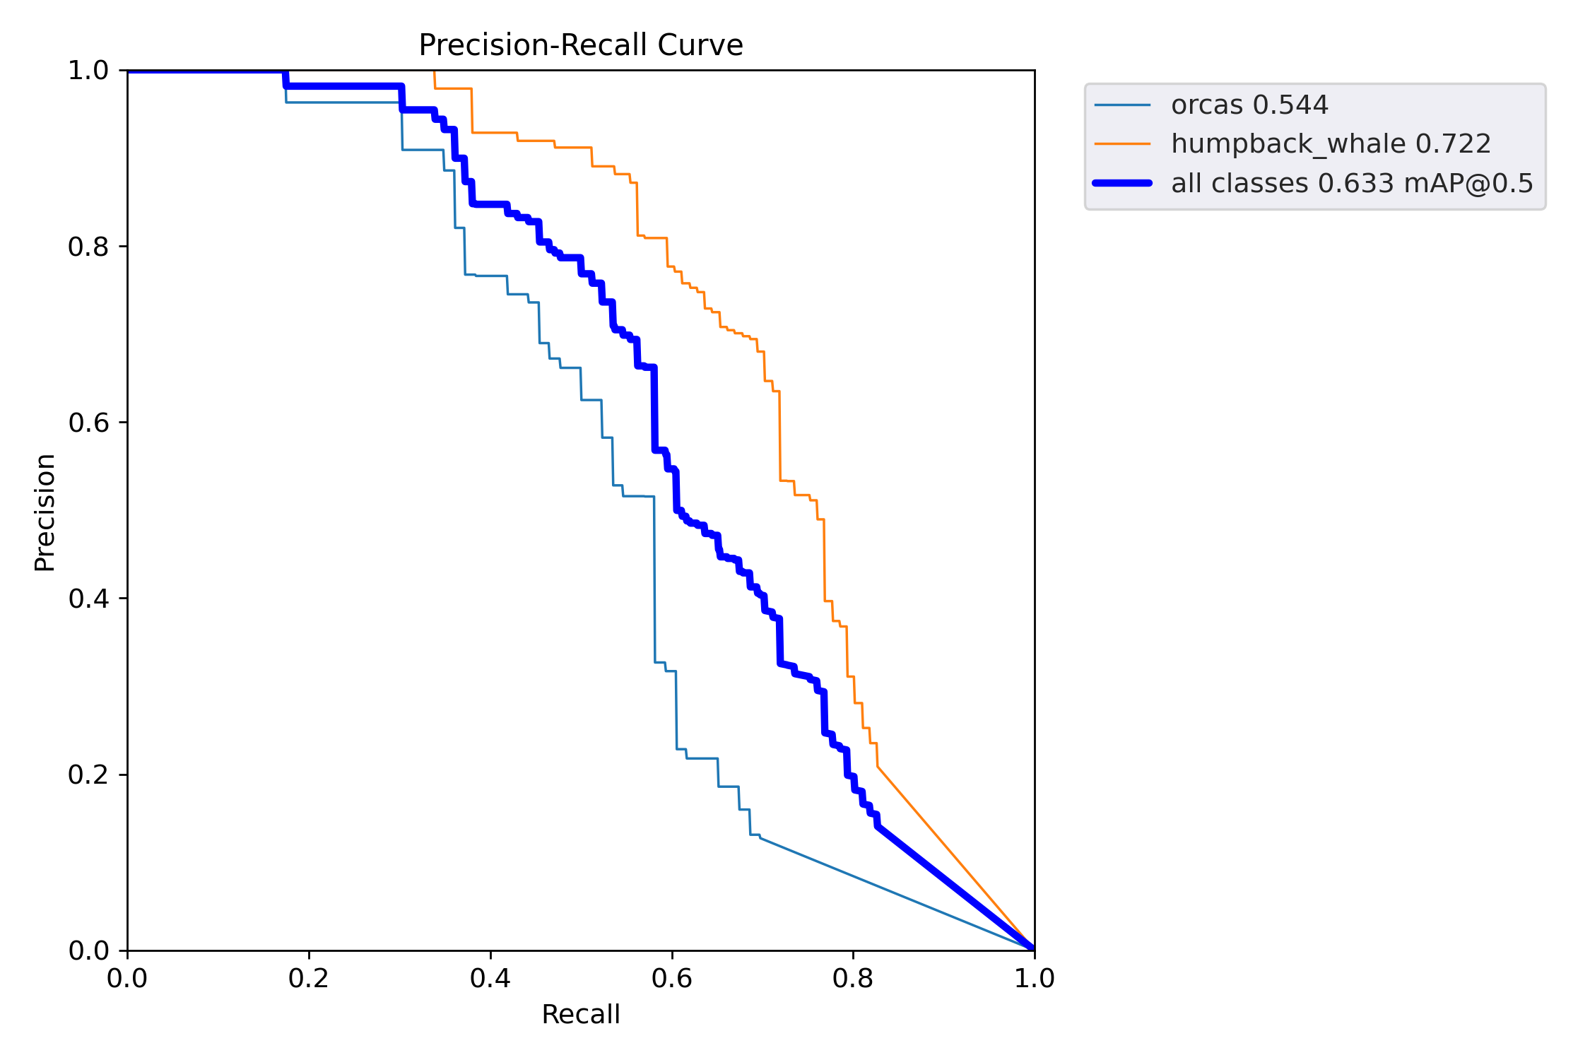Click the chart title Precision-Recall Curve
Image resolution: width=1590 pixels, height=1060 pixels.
point(580,45)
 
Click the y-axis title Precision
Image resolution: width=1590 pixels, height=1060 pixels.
point(45,512)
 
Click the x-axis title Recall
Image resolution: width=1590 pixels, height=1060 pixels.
point(580,1014)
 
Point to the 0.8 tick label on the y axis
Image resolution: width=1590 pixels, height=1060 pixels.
point(88,247)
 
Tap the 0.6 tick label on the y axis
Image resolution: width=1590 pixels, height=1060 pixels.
point(88,423)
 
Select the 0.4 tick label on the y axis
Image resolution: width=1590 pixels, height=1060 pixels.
point(88,599)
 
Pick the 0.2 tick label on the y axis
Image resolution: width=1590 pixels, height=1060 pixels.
point(88,775)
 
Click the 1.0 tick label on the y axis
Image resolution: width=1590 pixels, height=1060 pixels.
point(88,71)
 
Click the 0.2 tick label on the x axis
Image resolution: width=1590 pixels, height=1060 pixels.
point(309,979)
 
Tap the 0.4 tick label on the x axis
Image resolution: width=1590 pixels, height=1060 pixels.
point(490,979)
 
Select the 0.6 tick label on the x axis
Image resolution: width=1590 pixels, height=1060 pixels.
point(672,979)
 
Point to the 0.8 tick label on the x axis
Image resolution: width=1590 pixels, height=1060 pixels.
point(853,979)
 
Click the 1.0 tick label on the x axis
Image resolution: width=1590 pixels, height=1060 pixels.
point(1035,979)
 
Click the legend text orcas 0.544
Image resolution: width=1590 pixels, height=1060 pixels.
point(1249,105)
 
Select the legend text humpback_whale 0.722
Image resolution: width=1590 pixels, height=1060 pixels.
point(1331,144)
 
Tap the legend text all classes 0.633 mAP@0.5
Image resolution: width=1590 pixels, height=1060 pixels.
point(1352,184)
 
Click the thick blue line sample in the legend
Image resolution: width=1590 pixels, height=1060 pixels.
point(1122,183)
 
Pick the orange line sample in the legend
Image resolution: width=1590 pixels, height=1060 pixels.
point(1122,144)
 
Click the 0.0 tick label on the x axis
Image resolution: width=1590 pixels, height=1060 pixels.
point(127,979)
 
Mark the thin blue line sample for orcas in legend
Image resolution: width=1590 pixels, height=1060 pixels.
point(1122,105)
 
